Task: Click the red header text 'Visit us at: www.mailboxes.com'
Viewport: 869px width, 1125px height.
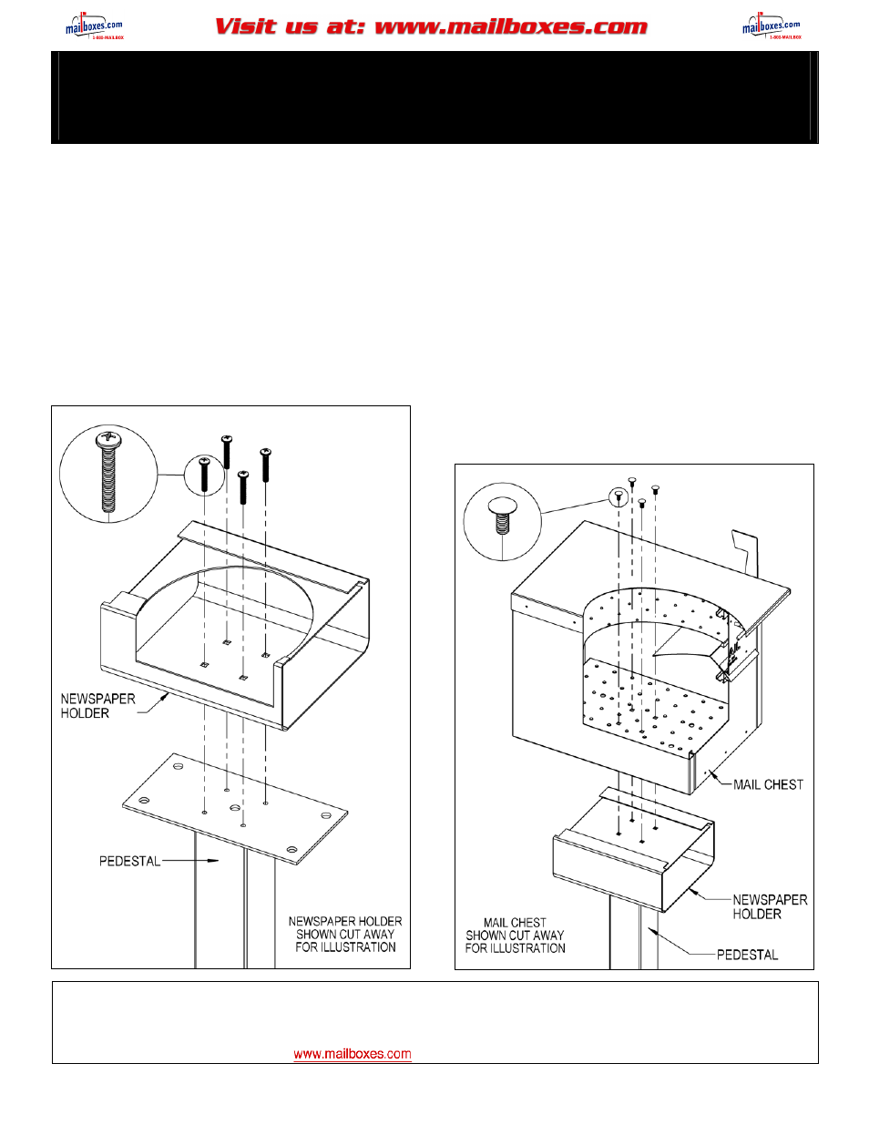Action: click(431, 26)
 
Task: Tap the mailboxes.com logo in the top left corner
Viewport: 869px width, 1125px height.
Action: click(94, 26)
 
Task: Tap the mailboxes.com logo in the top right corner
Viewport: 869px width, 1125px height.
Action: click(772, 26)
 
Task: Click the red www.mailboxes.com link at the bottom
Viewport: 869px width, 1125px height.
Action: click(352, 1054)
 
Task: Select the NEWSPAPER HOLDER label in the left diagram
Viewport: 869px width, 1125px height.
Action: click(97, 706)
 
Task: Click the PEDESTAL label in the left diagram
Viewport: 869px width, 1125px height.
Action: click(129, 861)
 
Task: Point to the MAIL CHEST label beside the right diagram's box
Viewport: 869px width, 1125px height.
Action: click(768, 784)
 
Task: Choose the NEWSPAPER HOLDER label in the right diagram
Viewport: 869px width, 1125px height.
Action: click(770, 906)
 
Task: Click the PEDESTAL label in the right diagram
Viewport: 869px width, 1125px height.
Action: click(747, 955)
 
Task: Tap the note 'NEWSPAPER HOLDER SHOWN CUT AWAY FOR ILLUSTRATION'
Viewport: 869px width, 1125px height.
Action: click(345, 935)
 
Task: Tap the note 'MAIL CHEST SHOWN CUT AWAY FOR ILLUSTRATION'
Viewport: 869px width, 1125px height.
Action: click(515, 936)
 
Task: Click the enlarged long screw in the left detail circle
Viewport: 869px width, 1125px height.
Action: click(108, 472)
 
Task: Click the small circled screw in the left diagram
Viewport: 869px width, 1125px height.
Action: click(204, 474)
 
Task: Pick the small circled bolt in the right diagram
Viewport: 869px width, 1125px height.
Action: click(619, 496)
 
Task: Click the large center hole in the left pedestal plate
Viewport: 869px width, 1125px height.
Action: click(235, 808)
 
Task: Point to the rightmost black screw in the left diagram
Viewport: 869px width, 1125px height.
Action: click(265, 464)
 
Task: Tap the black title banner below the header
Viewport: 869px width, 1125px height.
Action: click(434, 97)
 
